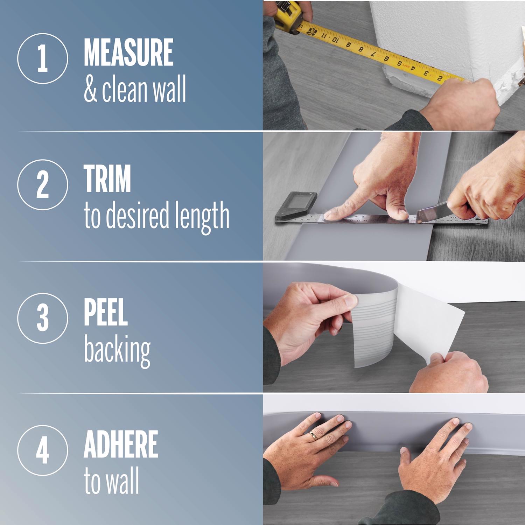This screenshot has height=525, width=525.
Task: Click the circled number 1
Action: click(42, 58)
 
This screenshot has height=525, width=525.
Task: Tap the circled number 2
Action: click(42, 184)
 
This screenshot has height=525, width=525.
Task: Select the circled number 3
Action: click(42, 318)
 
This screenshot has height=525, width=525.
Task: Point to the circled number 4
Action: click(42, 450)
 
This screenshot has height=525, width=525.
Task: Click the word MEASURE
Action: click(128, 52)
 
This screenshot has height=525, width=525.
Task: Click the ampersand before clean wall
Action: click(90, 90)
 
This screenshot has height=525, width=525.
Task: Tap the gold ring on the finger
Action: click(313, 435)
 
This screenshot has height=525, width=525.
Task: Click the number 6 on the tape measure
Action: click(386, 58)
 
